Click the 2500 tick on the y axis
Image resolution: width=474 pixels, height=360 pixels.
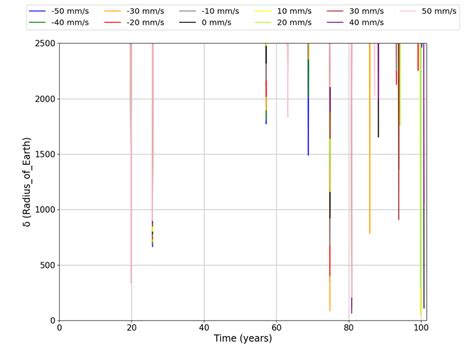point(41,44)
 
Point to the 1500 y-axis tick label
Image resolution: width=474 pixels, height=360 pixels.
point(41,155)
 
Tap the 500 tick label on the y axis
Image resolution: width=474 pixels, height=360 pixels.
point(45,265)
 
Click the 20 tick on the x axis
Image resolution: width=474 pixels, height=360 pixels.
point(132,328)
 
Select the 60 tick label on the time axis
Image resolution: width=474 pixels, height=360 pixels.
point(277,328)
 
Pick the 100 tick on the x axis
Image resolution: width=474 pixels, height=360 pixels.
point(421,328)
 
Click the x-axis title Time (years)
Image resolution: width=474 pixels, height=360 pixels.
point(243,340)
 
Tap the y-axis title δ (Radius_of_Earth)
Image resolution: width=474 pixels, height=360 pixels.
point(13,182)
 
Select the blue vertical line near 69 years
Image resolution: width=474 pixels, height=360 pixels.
point(308,120)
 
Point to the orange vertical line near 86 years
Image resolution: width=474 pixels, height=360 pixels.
point(369,150)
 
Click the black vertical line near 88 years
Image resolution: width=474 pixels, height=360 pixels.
point(378,100)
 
